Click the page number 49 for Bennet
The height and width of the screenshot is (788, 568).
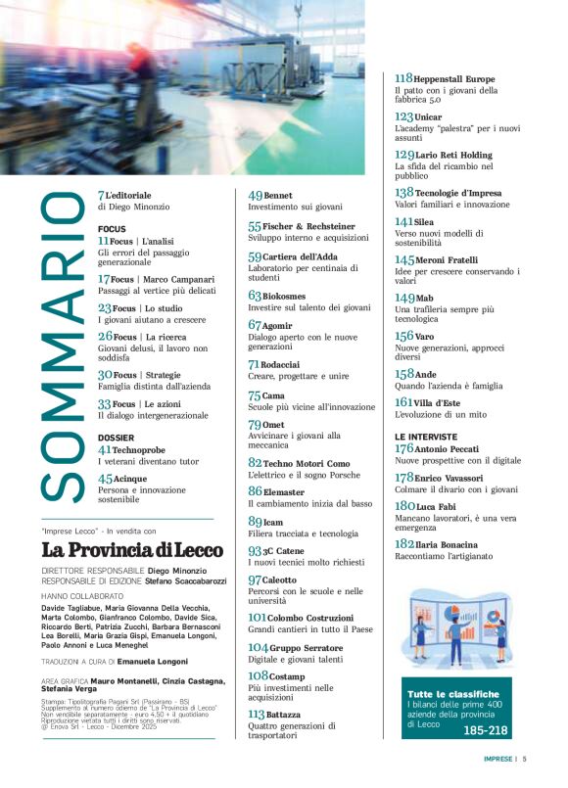click(256, 196)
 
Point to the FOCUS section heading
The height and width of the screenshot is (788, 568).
click(113, 228)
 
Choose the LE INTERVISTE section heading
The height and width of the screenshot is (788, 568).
click(426, 436)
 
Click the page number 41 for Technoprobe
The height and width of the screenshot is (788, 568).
click(105, 449)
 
